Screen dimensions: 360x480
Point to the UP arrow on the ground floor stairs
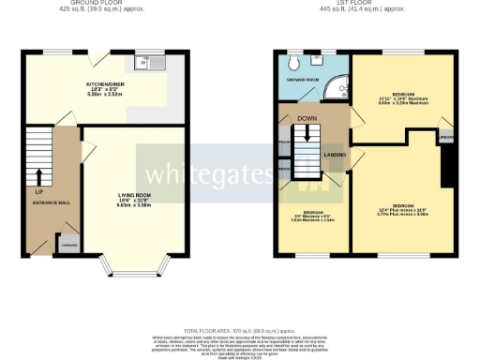tap(39, 175)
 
